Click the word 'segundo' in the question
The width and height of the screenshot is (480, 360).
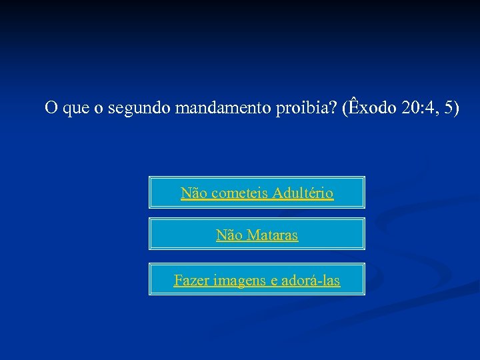(139, 108)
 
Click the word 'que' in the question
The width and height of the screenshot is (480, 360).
(73, 109)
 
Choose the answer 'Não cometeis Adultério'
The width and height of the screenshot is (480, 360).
(257, 193)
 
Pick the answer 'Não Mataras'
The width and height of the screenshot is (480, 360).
(257, 235)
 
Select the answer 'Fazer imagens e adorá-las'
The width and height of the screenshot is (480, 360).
(257, 281)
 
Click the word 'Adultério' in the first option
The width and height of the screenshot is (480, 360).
(303, 193)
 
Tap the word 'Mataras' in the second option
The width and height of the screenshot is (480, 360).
(272, 235)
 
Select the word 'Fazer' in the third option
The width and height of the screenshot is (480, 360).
(189, 281)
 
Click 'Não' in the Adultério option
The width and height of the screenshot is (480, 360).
(193, 193)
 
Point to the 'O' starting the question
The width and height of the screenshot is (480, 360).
(50, 108)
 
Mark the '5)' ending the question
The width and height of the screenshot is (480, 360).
(451, 108)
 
